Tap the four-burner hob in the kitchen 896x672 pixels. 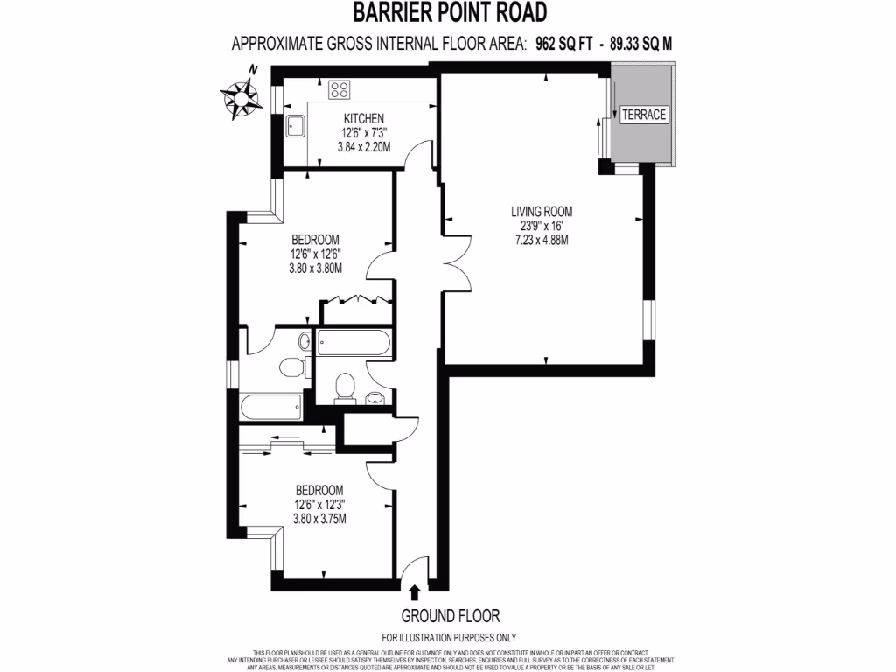(339, 89)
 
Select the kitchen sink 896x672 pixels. (293, 125)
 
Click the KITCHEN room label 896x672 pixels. (363, 119)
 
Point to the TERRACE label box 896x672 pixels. (643, 115)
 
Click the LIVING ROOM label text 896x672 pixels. (542, 211)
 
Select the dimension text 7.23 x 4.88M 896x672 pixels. (542, 240)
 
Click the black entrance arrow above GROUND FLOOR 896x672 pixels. (414, 593)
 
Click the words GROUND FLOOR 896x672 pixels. (451, 616)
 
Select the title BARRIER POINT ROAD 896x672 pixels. (450, 12)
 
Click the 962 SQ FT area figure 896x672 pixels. (562, 44)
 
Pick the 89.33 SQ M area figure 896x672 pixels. (638, 44)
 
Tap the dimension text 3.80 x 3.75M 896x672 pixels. (318, 519)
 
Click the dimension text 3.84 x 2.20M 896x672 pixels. (363, 147)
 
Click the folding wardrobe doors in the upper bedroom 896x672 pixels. (357, 300)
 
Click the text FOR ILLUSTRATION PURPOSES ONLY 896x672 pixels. (450, 638)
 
